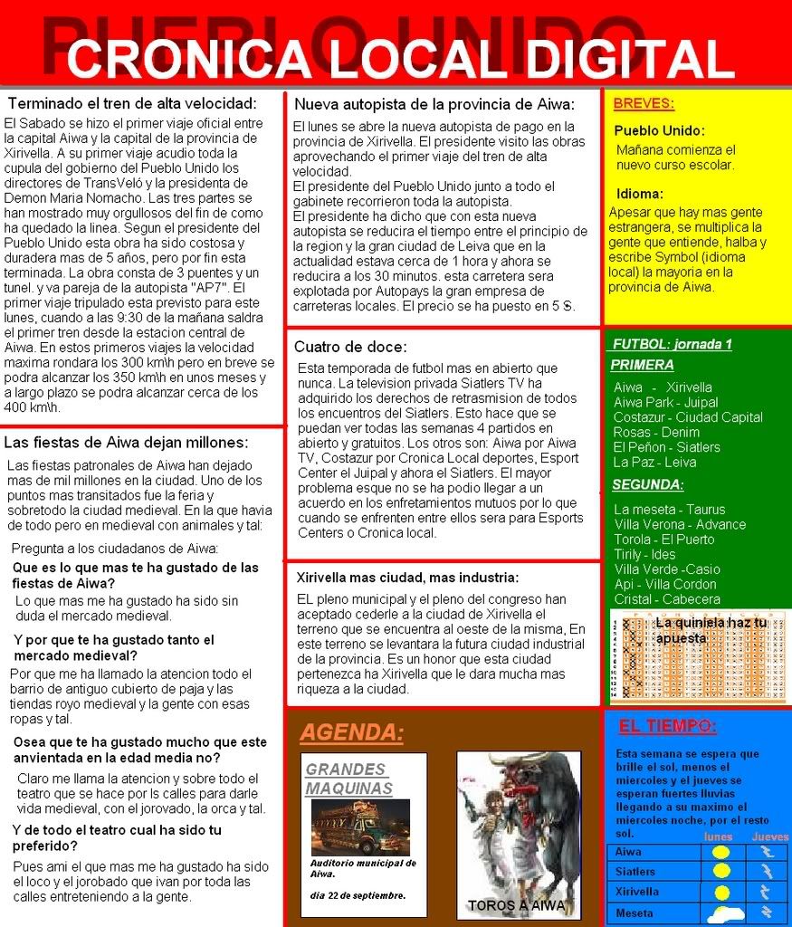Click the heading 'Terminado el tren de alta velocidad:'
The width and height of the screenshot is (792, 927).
coord(132,102)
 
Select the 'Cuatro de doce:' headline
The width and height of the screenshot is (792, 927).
coord(350,347)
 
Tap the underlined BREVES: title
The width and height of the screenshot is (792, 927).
coord(644,103)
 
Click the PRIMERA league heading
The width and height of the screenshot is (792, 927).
coord(642,365)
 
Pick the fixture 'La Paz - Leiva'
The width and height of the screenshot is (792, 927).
coord(655,462)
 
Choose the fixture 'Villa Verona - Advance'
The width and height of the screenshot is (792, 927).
coord(680,524)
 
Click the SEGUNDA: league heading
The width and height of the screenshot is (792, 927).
coord(647,484)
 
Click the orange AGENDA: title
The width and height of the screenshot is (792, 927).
coord(351,732)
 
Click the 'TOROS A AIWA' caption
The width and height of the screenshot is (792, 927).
coord(517,905)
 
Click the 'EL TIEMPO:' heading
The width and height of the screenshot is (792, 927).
coord(668,726)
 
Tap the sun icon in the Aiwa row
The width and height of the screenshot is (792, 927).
coord(720,852)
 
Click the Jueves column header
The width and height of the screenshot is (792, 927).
coord(769,837)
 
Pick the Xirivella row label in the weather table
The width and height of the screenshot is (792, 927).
coord(637,892)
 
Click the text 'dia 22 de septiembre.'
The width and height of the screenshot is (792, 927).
coord(358,895)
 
